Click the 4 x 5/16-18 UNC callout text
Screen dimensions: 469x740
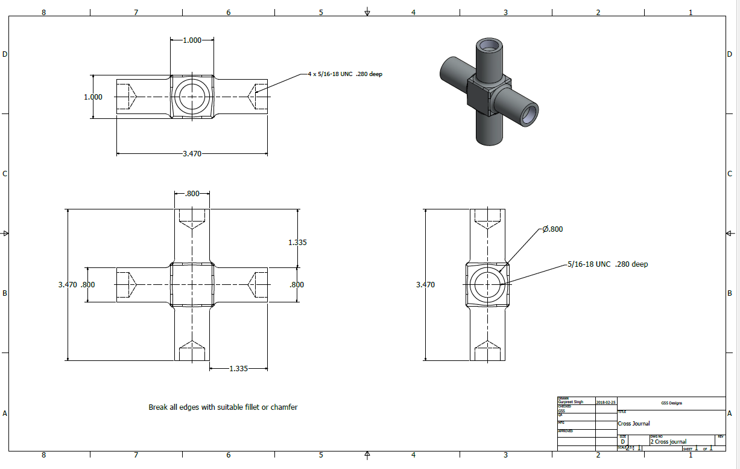point(345,74)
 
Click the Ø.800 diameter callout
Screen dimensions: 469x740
point(552,229)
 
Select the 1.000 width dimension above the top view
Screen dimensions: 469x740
point(192,40)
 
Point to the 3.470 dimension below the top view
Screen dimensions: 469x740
point(192,154)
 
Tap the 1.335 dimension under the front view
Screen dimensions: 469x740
point(238,368)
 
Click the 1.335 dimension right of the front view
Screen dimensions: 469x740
point(297,243)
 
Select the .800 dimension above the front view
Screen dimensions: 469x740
point(192,194)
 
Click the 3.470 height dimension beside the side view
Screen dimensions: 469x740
point(425,284)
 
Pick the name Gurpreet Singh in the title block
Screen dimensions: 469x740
point(571,402)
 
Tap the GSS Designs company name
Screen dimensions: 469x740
point(671,403)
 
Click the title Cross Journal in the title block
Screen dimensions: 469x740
point(634,424)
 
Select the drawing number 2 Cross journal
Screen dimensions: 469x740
point(668,442)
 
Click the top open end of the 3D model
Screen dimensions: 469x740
point(489,46)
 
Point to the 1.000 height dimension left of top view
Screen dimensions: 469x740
point(93,97)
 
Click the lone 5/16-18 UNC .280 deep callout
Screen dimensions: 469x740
point(607,264)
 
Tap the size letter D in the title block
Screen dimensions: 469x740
point(623,442)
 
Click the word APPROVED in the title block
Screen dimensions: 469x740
point(566,432)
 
